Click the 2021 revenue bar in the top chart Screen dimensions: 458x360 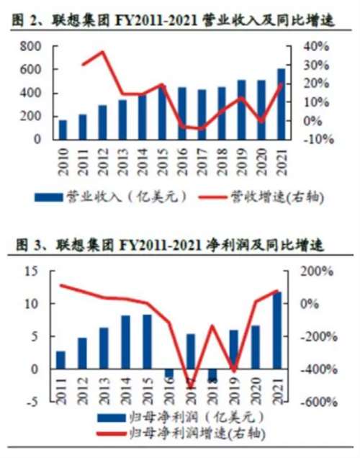pos(281,104)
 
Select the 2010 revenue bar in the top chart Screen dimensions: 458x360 pos(63,130)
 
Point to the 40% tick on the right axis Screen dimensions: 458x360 pos(316,46)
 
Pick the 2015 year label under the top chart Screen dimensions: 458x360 pos(163,160)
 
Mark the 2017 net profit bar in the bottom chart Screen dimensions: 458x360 pos(191,351)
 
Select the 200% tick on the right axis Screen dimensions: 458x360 pos(317,271)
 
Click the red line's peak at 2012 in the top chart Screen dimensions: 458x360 pos(102,52)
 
